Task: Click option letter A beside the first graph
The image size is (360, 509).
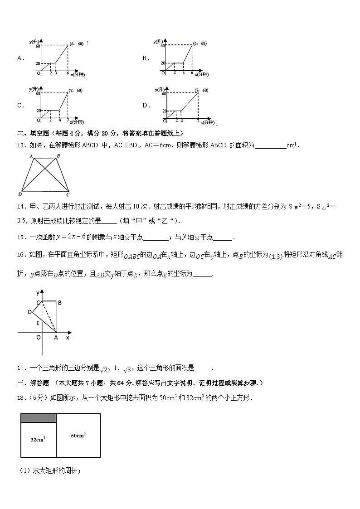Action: coord(19,58)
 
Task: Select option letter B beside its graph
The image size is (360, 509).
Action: coord(146,58)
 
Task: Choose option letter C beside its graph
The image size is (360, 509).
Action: coord(19,106)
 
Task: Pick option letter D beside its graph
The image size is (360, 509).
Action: coord(146,106)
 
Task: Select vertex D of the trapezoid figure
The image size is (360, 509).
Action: coord(20,194)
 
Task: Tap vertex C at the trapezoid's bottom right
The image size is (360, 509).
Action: coord(68,194)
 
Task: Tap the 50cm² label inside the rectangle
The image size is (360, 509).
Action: coord(78,436)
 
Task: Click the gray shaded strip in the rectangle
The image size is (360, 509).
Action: coord(38,418)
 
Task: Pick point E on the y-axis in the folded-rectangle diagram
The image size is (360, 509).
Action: coord(38,323)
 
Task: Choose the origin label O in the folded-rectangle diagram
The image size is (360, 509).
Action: coord(38,337)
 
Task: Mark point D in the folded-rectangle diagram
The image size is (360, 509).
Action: coord(29,312)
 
